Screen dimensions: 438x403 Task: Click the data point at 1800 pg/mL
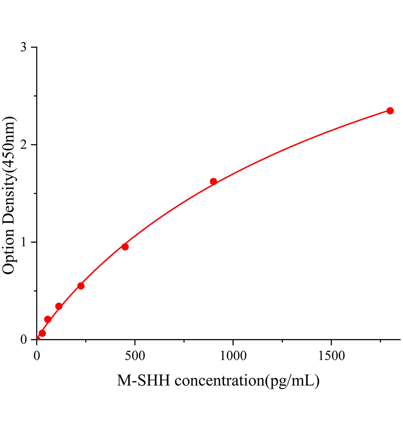pyautogui.click(x=390, y=111)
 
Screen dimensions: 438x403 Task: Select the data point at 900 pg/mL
pyautogui.click(x=214, y=181)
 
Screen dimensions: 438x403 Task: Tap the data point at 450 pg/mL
pyautogui.click(x=125, y=247)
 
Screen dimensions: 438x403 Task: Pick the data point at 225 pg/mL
pyautogui.click(x=81, y=286)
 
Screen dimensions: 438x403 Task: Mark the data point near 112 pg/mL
pyautogui.click(x=59, y=306)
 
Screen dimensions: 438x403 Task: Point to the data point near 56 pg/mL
pyautogui.click(x=48, y=319)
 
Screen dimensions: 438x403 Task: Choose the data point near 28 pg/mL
pyautogui.click(x=42, y=333)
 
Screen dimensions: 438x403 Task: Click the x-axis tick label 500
pyautogui.click(x=135, y=356)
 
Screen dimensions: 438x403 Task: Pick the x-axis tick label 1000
pyautogui.click(x=233, y=356)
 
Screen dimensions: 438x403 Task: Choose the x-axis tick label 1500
pyautogui.click(x=331, y=356)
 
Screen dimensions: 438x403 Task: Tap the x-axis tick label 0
pyautogui.click(x=37, y=356)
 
